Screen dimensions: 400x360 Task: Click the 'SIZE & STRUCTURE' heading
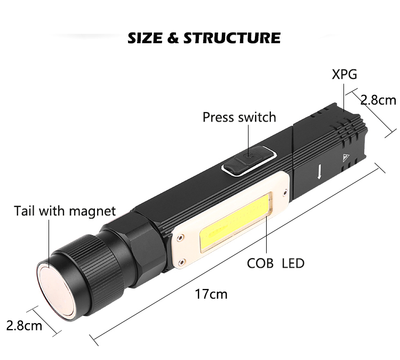(x=204, y=38)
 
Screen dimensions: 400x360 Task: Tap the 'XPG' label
(x=344, y=74)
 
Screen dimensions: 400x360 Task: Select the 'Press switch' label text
(x=239, y=117)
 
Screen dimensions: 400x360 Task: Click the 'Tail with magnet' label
(x=65, y=211)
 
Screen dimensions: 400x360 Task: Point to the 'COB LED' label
(x=276, y=263)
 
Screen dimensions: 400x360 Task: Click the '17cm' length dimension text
(x=211, y=294)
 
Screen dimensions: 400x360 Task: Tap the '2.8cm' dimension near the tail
(x=24, y=325)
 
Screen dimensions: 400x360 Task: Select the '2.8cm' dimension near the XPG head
(x=378, y=100)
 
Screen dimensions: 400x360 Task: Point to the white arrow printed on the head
(x=319, y=171)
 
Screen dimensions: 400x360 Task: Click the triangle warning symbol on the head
(x=346, y=158)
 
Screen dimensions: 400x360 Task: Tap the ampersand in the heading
(x=173, y=38)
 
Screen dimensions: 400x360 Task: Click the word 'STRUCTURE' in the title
(x=232, y=38)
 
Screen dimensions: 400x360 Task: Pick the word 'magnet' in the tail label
(x=92, y=212)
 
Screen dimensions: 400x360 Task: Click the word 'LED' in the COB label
(x=293, y=263)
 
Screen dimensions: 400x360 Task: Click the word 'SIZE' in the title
(x=145, y=38)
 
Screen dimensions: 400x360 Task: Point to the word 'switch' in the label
(x=257, y=117)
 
